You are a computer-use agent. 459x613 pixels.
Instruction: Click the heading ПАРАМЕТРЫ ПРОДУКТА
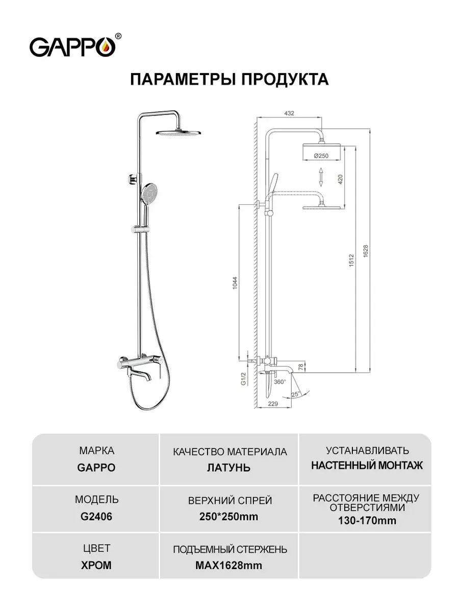pos(229,80)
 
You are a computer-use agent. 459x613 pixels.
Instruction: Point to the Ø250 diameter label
pos(320,155)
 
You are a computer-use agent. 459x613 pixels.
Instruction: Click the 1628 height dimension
pos(365,250)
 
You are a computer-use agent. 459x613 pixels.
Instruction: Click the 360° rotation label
pos(279,382)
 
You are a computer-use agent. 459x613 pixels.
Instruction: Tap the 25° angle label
pos(296,394)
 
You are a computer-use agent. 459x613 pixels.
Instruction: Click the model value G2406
pos(96,516)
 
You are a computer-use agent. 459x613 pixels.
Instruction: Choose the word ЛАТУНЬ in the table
pos(229,467)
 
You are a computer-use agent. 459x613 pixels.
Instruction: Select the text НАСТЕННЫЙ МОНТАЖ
pos(367,465)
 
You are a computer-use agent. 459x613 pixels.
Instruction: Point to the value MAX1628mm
pos(229,565)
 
